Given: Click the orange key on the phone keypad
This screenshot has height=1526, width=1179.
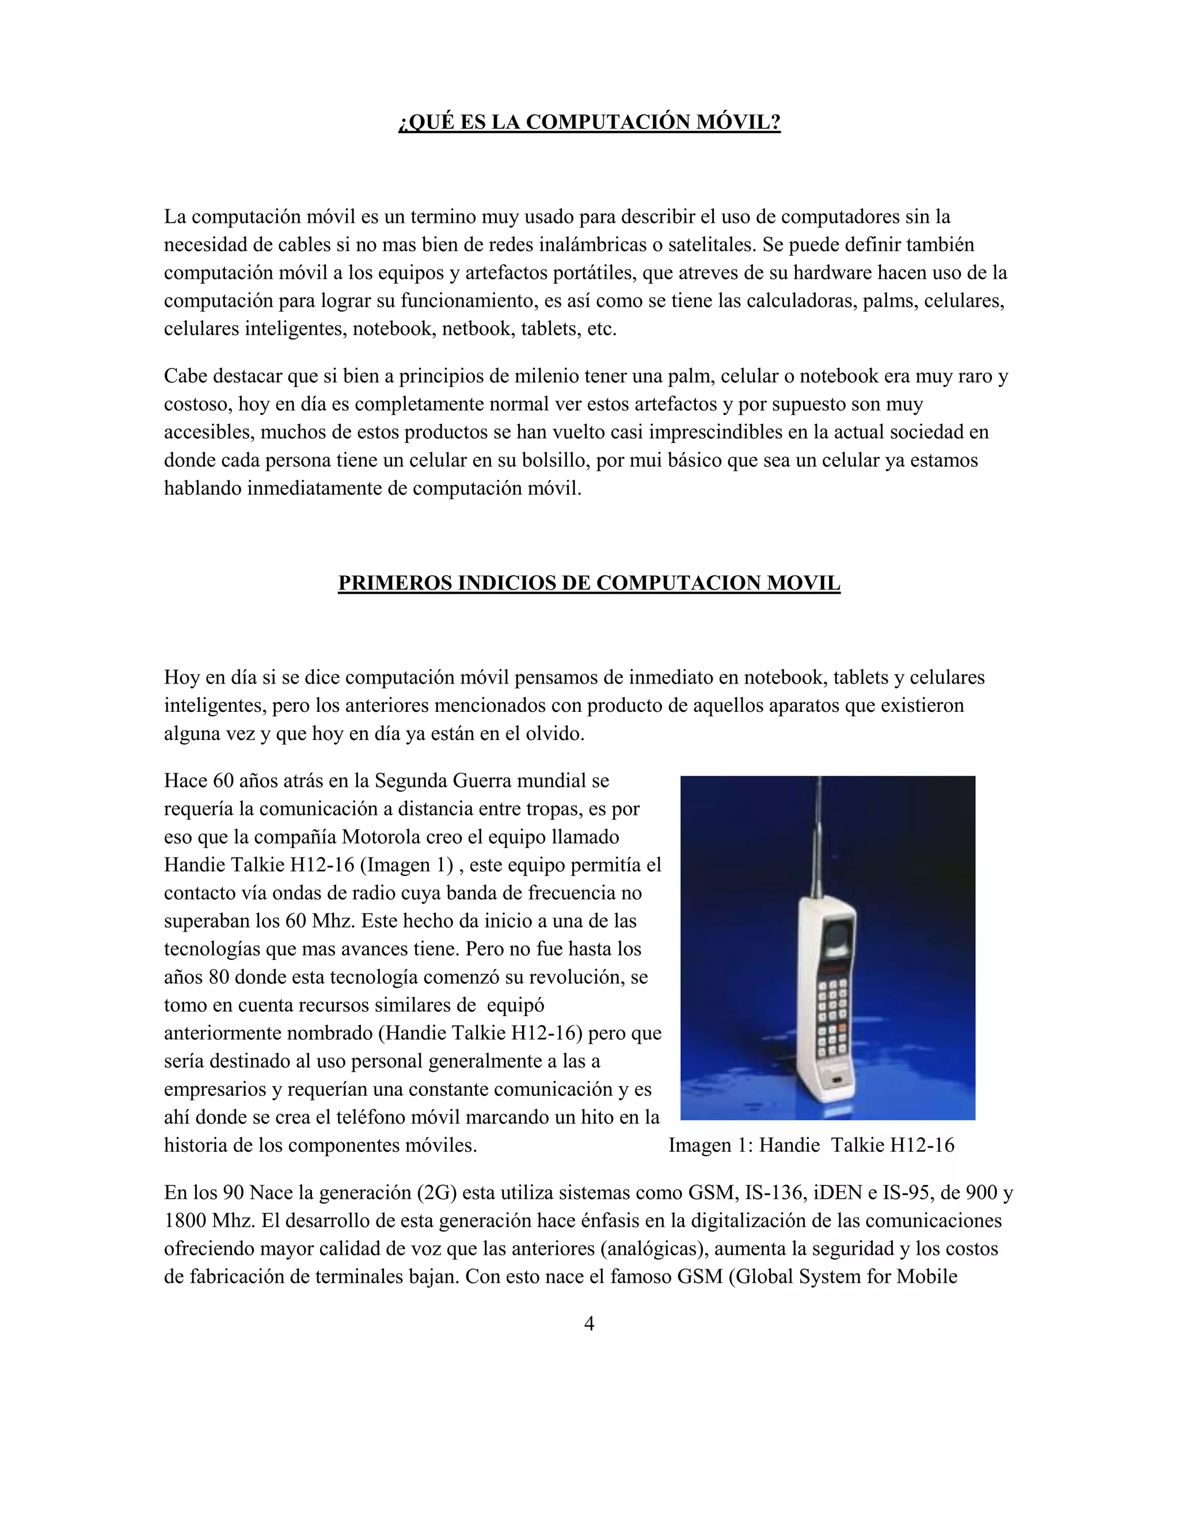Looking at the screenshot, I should click(842, 1028).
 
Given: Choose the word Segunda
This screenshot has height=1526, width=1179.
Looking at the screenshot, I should click(410, 780).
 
